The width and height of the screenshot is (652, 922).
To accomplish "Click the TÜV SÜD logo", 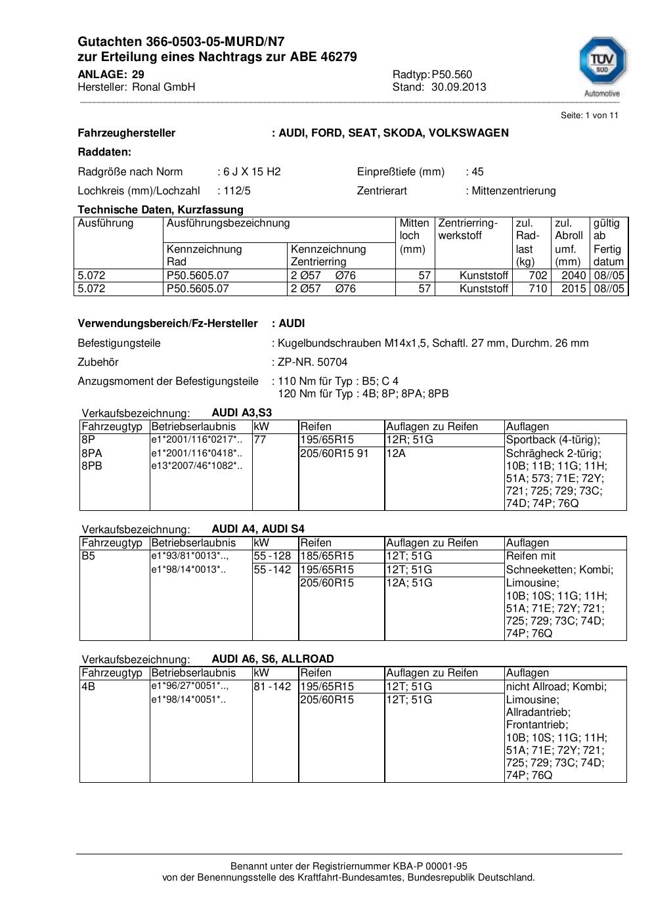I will coord(601,63).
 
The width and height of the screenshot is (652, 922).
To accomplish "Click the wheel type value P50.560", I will coord(452,74).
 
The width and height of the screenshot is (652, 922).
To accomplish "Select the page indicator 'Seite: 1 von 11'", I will coord(589,116).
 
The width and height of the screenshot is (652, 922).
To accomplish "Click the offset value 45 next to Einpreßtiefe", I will coord(477,171).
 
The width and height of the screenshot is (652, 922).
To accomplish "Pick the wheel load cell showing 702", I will coord(538,275).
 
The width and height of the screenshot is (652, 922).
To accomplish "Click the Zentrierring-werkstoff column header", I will coord(468,229).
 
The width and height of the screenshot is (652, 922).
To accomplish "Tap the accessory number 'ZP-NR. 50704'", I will coord(313,362).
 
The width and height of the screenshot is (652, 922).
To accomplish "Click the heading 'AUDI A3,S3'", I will coord(242,413).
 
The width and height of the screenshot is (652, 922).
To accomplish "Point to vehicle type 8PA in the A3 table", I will coord(92,453).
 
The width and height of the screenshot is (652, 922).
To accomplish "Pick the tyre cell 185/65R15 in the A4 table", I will coord(327,556).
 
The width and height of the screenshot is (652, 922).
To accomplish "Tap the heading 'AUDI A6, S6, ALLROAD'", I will coord(272,659).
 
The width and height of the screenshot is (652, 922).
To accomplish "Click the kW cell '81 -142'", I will coord(272,686).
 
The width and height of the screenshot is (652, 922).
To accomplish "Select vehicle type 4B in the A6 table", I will coord(88,686).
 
